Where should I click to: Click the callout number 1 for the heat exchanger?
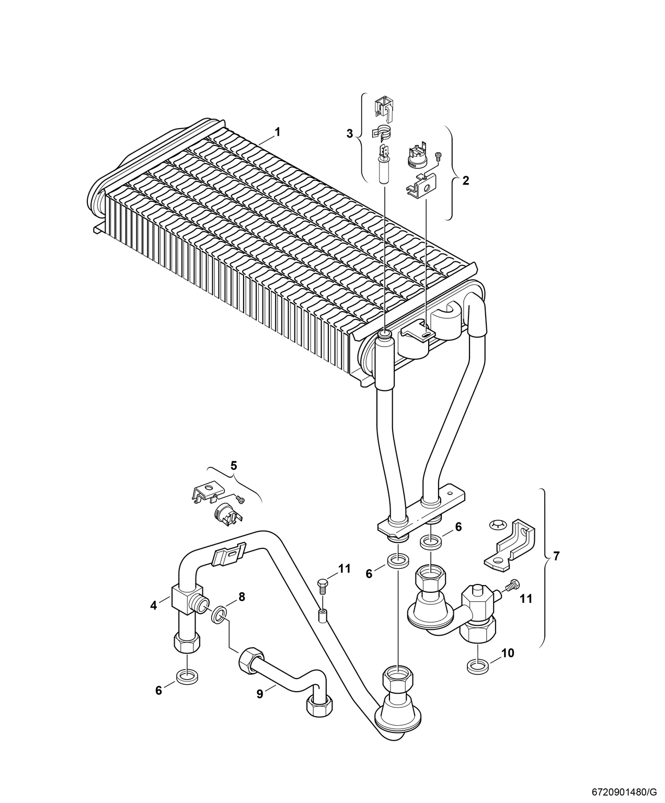[277, 132]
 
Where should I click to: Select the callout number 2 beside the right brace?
[466, 180]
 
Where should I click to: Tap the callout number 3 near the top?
[349, 134]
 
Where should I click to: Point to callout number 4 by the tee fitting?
[154, 606]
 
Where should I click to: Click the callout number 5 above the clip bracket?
[234, 465]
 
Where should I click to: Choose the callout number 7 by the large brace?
[556, 556]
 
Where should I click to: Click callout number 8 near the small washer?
[242, 596]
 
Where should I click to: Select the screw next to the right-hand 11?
[513, 586]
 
